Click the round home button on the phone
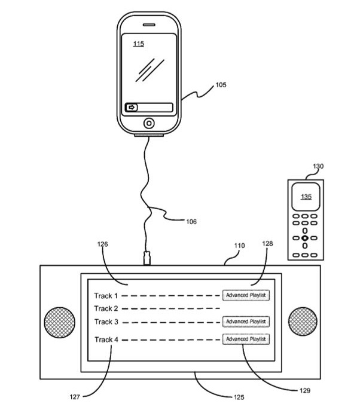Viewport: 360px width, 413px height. [148, 124]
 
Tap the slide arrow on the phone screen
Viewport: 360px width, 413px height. [132, 108]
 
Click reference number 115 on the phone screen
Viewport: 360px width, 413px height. [138, 44]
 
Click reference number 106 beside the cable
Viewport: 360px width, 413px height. [190, 222]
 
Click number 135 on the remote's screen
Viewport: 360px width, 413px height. [306, 197]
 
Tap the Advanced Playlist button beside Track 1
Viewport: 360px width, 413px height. [246, 295]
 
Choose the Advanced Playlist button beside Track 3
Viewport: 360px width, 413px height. [246, 322]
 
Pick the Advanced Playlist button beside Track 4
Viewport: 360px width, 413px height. [246, 339]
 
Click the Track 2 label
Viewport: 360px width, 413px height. [106, 308]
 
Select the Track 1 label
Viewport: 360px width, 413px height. [106, 295]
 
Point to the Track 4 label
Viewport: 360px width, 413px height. [106, 340]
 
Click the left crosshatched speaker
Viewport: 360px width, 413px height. [59, 322]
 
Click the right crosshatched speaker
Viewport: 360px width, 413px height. [302, 322]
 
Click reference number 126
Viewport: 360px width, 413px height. [103, 244]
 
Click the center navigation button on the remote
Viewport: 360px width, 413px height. [305, 238]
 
